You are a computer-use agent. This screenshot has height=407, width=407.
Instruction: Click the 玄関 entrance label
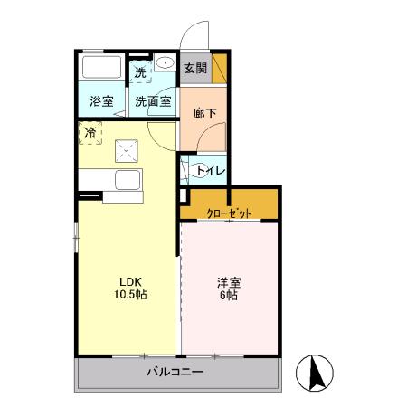point(195,68)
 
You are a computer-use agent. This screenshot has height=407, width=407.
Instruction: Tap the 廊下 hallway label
point(204,114)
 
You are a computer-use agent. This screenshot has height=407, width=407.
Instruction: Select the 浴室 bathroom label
point(101,102)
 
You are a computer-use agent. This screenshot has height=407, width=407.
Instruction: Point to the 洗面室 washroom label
point(153,102)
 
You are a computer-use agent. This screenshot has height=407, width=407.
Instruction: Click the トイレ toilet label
point(211,169)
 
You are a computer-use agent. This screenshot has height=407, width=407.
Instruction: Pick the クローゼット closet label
point(228,213)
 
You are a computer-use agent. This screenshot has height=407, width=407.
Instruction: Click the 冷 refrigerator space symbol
point(90,134)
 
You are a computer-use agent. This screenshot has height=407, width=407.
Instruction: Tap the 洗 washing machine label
point(140,71)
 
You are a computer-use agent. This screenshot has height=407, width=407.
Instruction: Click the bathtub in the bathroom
point(100,68)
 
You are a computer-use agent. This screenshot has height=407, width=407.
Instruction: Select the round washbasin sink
point(165,63)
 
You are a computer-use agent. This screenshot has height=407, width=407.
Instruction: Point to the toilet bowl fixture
point(191,168)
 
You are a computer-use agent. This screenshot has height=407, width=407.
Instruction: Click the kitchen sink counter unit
point(126,180)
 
